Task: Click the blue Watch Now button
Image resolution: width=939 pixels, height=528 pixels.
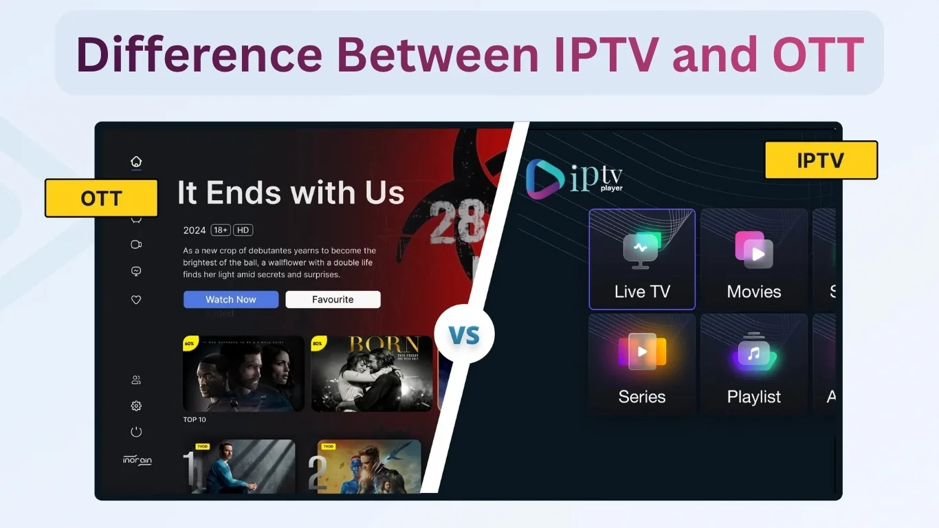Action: coord(231,300)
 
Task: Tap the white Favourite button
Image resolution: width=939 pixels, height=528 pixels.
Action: coord(333,300)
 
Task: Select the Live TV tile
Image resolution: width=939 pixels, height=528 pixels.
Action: coord(642,259)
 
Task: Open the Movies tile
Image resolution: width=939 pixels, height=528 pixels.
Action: coord(754,259)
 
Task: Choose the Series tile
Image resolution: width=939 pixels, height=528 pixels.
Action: coord(642,364)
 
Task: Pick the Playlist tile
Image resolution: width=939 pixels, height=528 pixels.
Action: coord(754,364)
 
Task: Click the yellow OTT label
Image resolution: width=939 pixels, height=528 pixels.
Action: coord(102,199)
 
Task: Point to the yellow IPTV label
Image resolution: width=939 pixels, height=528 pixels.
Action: coord(821,160)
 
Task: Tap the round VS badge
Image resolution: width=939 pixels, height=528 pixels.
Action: coord(464,335)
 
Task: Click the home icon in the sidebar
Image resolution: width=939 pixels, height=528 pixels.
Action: coord(136,162)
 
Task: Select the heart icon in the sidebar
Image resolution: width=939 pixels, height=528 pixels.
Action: coord(136,300)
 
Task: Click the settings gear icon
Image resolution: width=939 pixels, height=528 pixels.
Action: coord(136,406)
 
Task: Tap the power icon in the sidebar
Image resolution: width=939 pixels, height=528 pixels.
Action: coord(136,432)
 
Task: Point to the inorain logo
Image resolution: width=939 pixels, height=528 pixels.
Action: coord(137,461)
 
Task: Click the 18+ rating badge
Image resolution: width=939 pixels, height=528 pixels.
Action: coord(221,230)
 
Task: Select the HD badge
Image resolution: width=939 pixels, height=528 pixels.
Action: coord(243,230)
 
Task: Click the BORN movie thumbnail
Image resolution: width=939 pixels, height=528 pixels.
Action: coord(372,373)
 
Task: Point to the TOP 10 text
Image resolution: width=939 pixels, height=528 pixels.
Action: coord(195,419)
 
